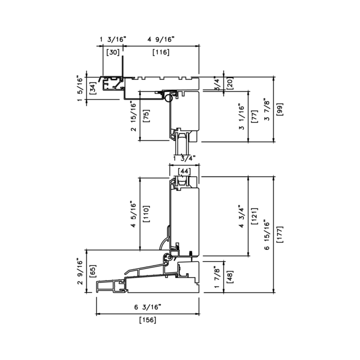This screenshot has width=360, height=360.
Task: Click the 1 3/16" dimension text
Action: tap(113, 39)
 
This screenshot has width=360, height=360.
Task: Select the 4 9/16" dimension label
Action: tap(161, 39)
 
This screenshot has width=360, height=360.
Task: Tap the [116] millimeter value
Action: tap(161, 52)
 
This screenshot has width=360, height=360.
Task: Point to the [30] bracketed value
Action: tap(113, 52)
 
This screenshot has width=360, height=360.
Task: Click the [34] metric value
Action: tap(93, 88)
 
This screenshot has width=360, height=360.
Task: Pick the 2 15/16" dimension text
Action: tap(133, 116)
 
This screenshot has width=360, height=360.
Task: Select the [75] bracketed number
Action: tap(146, 116)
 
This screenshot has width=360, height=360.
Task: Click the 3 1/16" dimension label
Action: tap(242, 116)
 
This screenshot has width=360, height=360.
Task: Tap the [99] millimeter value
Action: tap(280, 109)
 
